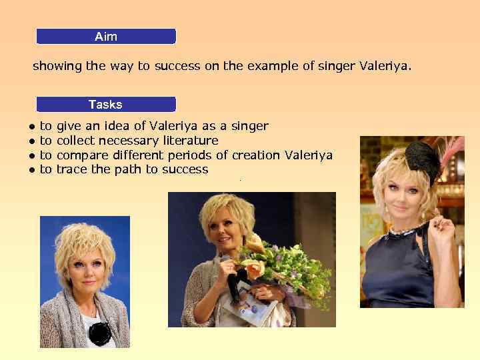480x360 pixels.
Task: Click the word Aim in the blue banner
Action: click(x=106, y=37)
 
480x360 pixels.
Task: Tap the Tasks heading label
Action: click(x=105, y=104)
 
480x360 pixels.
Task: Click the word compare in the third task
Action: click(x=81, y=155)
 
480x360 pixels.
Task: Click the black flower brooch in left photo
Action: click(x=100, y=333)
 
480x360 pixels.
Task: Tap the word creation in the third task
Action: click(x=255, y=155)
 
